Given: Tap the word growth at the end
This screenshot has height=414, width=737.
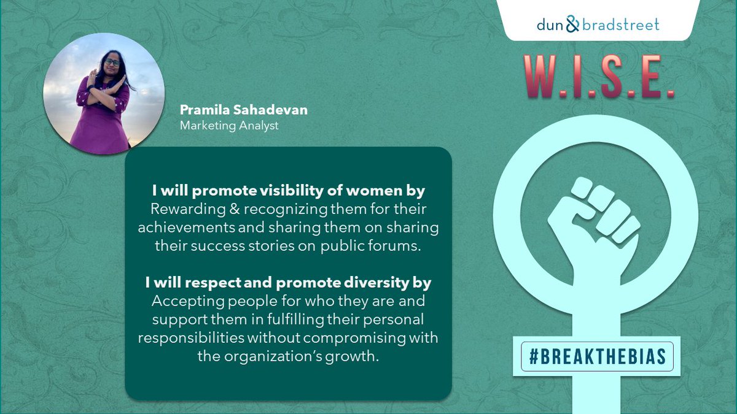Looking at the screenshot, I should click(356, 356).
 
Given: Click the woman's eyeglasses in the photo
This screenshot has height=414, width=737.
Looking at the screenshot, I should click(111, 62).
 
